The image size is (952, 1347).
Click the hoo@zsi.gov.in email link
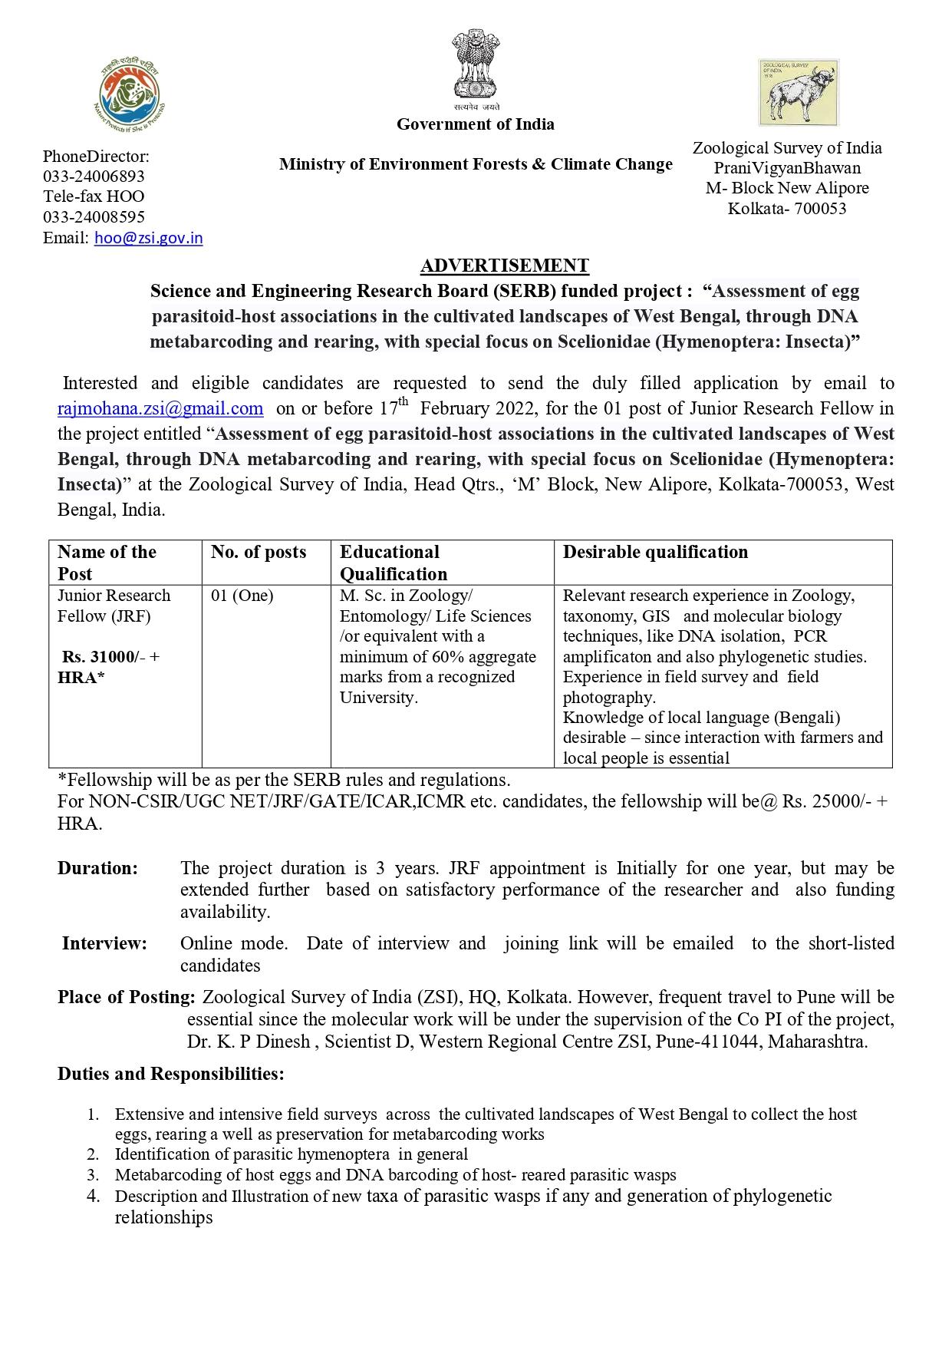148,238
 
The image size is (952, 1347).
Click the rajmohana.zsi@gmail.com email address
160,408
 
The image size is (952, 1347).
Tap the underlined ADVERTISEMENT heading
504,266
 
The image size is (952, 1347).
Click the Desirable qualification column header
655,552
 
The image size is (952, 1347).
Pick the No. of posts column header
259,552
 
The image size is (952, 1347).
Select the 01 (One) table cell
242,596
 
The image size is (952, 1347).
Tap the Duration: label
97,868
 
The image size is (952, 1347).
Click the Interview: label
104,943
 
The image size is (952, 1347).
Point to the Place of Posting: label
127,997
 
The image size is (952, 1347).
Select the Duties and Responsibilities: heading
170,1074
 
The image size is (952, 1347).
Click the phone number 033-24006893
94,177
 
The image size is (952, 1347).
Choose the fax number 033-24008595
94,217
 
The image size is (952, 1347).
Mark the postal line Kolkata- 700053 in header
787,208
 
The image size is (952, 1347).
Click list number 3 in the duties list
93,1175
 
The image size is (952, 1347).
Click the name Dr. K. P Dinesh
249,1042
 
